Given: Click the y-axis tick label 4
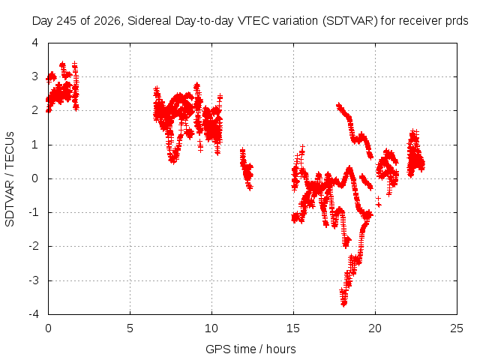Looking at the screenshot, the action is (x=35, y=43).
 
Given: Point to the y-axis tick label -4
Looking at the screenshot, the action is (x=34, y=314).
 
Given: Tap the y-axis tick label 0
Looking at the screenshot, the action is (x=35, y=178).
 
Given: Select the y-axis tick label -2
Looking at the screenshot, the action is (x=34, y=246).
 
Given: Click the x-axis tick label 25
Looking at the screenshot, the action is (x=457, y=328).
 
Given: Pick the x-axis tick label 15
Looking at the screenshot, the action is (x=293, y=328).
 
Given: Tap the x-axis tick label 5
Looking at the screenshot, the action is (x=130, y=328).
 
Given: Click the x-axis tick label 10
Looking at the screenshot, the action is (x=211, y=328).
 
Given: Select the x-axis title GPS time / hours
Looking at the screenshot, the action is (x=250, y=349).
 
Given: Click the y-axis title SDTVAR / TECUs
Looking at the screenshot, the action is (x=10, y=179).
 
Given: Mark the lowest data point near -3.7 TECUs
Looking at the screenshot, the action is (x=343, y=304).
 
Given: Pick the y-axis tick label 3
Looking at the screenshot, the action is (x=35, y=76).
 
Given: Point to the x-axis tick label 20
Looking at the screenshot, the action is (x=375, y=328).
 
